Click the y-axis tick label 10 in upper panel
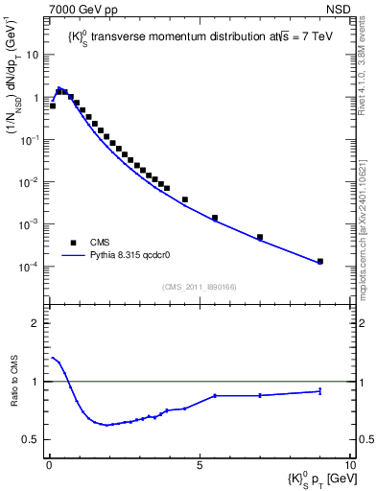(34, 55)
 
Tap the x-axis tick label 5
(200, 462)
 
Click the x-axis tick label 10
(349, 462)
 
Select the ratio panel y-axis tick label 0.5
(31, 440)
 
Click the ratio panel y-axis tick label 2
(35, 323)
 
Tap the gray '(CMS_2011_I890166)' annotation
(200, 287)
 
